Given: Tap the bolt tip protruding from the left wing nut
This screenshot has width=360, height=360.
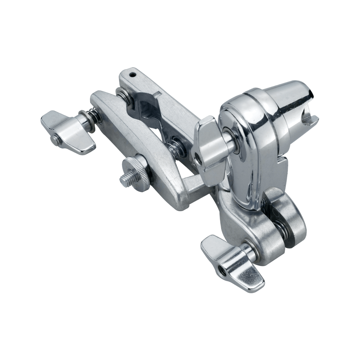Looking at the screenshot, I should (x=54, y=139).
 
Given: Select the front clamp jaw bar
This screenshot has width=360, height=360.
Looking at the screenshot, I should (x=136, y=148).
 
